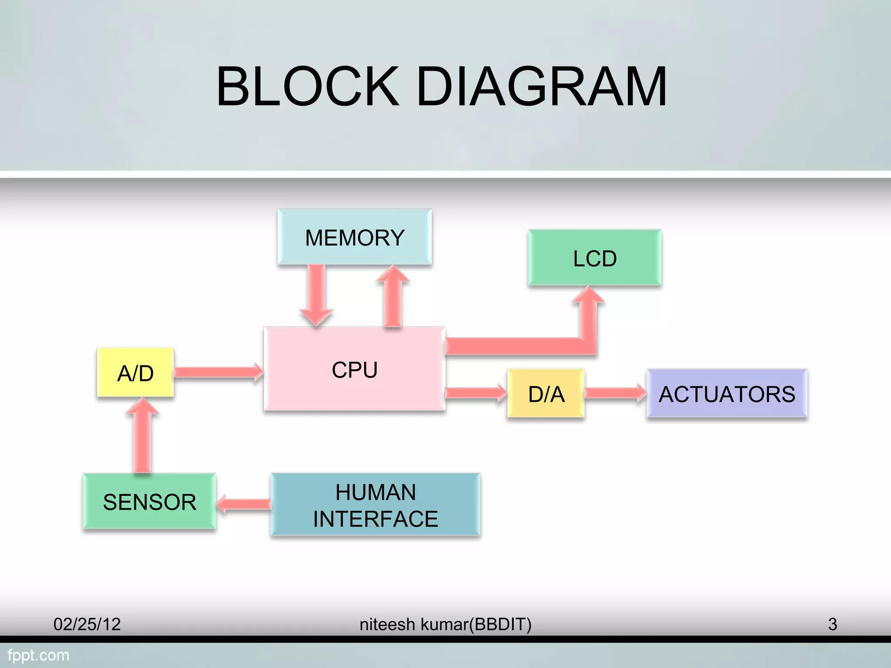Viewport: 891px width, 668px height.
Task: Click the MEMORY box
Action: pos(355,237)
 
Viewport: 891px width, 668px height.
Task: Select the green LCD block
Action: pos(595,258)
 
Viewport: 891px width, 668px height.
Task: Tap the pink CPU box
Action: pos(355,369)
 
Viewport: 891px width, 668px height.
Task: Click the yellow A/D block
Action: pos(135,373)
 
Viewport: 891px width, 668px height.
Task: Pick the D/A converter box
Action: pos(546,394)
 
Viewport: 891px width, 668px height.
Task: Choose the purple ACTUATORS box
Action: pos(727,394)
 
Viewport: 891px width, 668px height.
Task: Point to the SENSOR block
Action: pos(149,501)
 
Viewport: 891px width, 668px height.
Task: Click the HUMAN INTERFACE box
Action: pos(375,505)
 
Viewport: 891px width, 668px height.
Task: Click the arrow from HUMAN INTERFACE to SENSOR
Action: pos(244,504)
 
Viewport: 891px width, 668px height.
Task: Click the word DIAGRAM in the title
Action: pos(541,87)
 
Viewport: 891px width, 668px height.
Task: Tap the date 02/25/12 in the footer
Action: pos(87,625)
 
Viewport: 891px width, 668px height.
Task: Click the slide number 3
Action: pos(832,625)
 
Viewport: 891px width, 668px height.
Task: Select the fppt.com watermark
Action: pos(38,655)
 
